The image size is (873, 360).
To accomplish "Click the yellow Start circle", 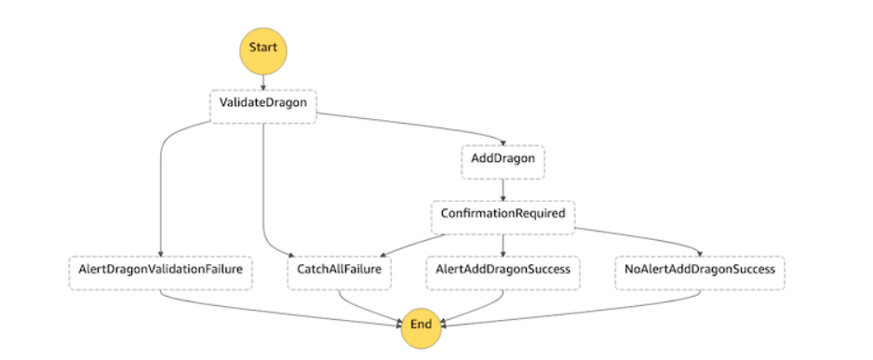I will pos(262,47).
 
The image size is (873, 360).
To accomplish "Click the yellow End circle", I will pos(421,325).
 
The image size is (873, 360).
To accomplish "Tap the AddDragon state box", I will pos(503,159).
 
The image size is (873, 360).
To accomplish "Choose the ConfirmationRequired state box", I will pos(503,213).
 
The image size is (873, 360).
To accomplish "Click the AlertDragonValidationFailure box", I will pos(161,271).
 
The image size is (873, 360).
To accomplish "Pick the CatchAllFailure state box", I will pos(340,271).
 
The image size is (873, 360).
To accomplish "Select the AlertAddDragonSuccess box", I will pos(503,271).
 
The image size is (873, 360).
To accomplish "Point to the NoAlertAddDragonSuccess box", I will pos(700,271).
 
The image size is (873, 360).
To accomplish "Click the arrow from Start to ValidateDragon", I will pos(262,80).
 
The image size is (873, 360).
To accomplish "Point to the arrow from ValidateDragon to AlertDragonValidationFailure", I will pos(162,186).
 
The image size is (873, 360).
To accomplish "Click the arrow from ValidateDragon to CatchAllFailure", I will pos(265,186).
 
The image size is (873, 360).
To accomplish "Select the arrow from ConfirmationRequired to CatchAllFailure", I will pos(391,242).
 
